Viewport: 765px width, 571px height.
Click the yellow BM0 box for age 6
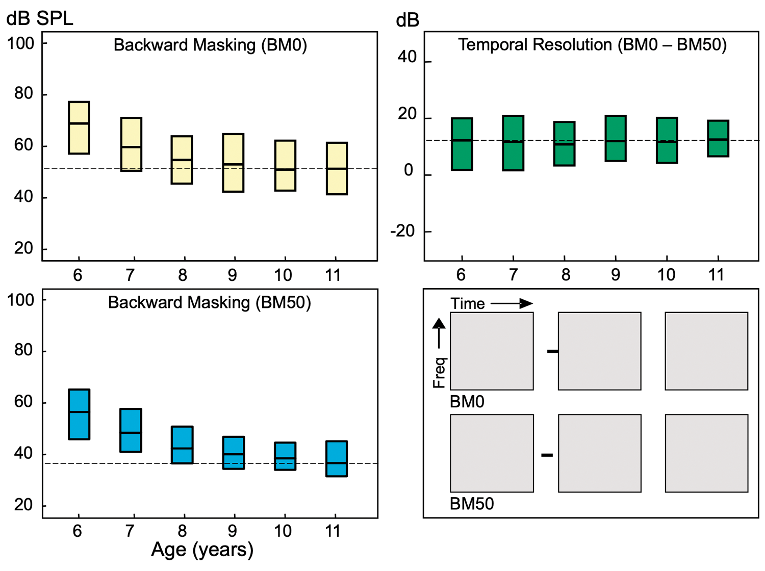point(79,127)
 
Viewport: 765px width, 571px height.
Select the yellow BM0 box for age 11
point(337,168)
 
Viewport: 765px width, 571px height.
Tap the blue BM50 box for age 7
point(131,430)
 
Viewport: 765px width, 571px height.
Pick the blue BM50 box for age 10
point(285,456)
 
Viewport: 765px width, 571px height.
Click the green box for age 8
point(565,144)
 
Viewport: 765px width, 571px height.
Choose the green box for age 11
point(718,138)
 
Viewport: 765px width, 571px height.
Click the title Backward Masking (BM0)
point(210,45)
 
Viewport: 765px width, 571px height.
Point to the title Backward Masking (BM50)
point(210,303)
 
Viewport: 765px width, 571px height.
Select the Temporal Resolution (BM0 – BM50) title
point(592,45)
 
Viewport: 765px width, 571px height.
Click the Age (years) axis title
point(202,550)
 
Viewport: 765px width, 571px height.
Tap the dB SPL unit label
point(40,19)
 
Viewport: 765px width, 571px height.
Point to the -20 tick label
point(403,231)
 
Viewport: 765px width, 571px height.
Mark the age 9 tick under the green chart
point(616,275)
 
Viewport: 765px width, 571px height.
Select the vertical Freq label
point(439,373)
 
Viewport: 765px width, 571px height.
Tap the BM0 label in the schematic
point(467,402)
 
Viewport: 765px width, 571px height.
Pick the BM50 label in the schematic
point(472,504)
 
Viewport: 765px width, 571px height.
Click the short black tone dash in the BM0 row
point(552,351)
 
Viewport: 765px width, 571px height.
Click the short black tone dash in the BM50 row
point(547,455)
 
